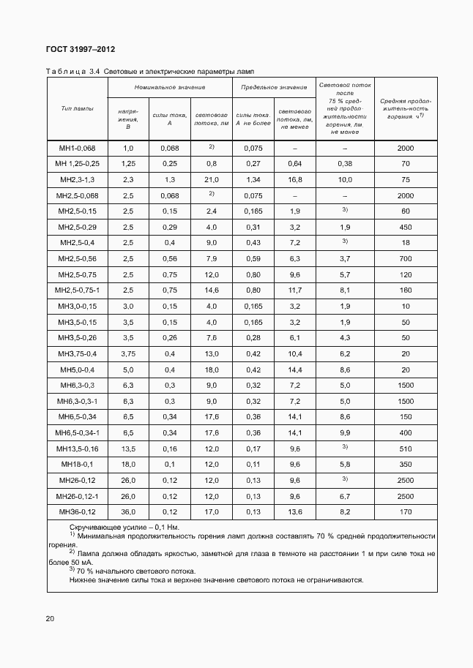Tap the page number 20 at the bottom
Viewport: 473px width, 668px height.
(50, 619)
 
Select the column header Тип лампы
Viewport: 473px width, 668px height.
(78, 108)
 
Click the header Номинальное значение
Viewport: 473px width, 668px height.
(170, 87)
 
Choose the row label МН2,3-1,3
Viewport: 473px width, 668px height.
(78, 179)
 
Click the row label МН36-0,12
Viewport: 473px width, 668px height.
(78, 512)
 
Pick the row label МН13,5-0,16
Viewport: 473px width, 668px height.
(78, 449)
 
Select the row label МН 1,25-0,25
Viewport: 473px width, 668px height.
(78, 164)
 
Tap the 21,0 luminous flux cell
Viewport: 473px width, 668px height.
(212, 179)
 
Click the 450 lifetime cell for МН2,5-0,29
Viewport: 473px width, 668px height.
(406, 227)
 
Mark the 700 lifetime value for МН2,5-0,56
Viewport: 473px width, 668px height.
(406, 258)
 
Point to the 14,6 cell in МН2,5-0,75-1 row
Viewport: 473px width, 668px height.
(212, 290)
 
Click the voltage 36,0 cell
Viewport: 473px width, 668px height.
(128, 512)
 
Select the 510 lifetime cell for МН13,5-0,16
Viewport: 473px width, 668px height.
(406, 449)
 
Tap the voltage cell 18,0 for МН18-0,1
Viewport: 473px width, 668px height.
(128, 465)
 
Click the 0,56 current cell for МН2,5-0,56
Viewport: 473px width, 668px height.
(170, 258)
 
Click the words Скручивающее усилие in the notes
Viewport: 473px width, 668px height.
(102, 527)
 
